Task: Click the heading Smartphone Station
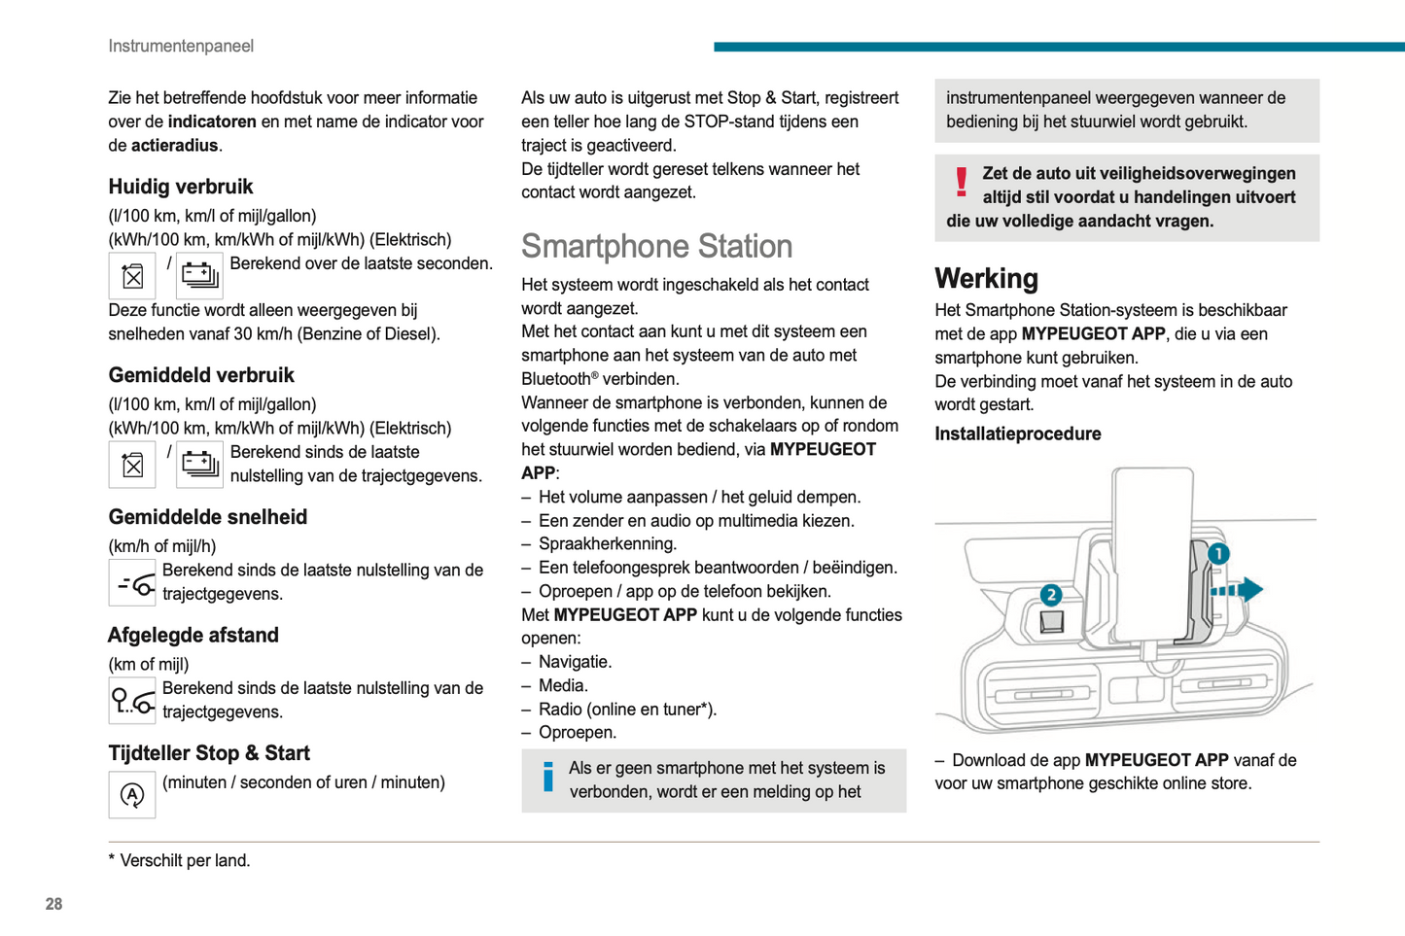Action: pos(656,247)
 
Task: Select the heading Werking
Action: pos(986,279)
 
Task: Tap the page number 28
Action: pos(53,904)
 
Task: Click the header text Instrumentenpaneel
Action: pos(181,46)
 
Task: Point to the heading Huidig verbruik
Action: pos(181,187)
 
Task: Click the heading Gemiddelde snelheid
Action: pos(207,517)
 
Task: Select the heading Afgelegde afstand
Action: pos(193,636)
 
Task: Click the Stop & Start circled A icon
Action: pos(132,795)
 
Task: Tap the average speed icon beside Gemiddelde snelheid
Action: pos(132,583)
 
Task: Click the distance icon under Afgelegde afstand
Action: pos(132,701)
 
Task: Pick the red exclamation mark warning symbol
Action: pos(961,182)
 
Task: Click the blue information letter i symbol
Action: pos(548,777)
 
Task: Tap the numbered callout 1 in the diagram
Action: pos(1217,554)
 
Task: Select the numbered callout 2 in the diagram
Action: pos(1050,595)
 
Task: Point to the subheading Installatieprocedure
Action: pos(1017,434)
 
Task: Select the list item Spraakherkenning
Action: pos(607,544)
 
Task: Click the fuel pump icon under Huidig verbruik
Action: pos(132,276)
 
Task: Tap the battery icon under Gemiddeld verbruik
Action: pos(199,465)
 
